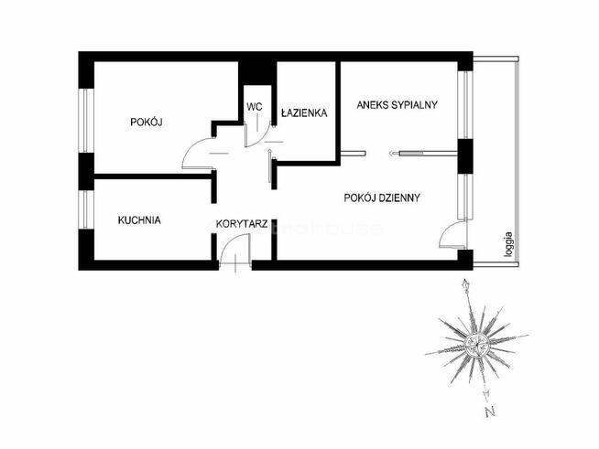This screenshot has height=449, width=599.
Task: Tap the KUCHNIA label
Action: click(139, 219)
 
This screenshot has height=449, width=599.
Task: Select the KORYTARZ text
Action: click(241, 222)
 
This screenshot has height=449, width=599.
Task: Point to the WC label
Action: click(255, 107)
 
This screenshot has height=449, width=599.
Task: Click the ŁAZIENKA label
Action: click(304, 112)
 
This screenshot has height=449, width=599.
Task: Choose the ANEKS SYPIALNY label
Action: click(398, 104)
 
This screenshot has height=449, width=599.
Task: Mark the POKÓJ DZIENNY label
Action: click(382, 197)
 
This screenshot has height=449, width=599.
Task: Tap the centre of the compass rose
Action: click(475, 344)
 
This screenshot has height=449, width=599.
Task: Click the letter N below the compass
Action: click(490, 409)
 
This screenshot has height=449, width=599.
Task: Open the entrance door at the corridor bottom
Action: click(235, 251)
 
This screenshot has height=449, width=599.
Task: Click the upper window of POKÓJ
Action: click(85, 119)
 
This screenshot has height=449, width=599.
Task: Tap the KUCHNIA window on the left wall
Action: click(85, 208)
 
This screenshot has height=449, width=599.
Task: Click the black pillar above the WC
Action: click(256, 71)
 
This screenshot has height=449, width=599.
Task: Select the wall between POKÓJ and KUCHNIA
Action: click(151, 176)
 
